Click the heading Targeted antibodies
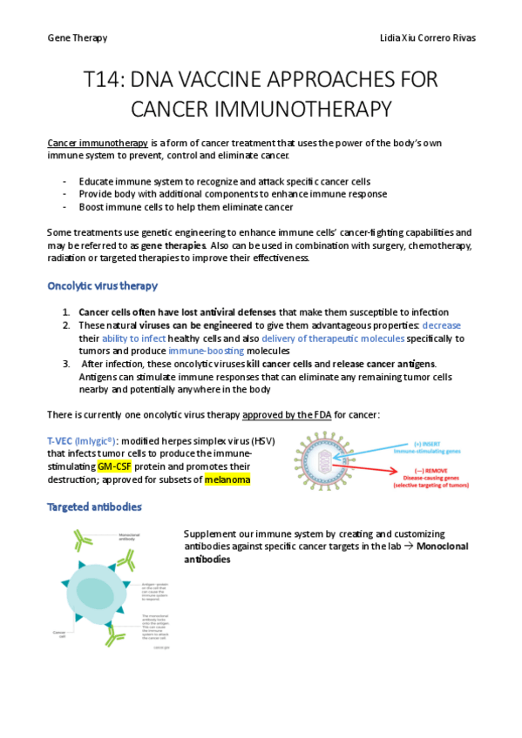click(x=94, y=506)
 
